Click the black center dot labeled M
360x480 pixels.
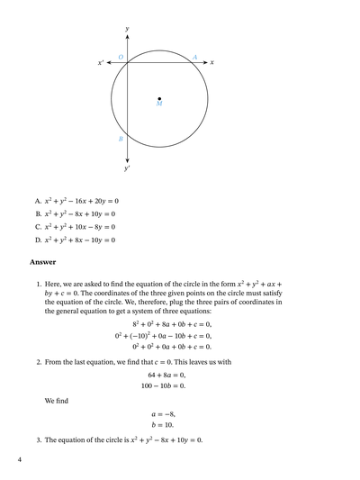[x=159, y=98]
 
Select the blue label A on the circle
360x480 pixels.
[x=195, y=57]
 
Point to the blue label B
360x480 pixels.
[x=121, y=140]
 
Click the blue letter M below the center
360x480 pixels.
[x=159, y=105]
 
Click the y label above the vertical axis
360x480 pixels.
[x=127, y=29]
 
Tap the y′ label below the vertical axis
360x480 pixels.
[x=127, y=168]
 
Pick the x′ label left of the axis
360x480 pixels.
[x=101, y=63]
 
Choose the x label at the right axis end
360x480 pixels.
[x=212, y=62]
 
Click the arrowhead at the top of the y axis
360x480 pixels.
[x=127, y=39]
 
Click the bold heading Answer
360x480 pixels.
[x=43, y=262]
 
